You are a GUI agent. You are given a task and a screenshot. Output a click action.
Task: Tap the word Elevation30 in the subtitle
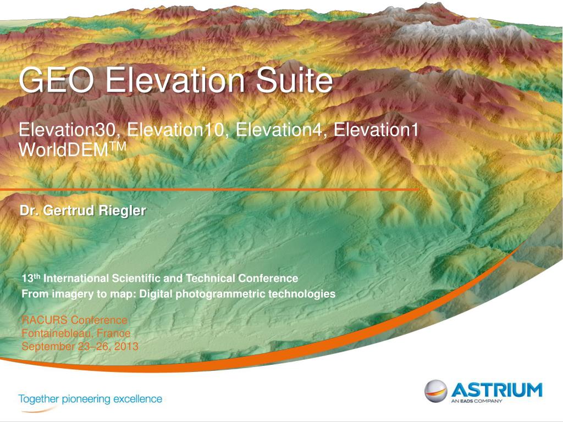coord(70,131)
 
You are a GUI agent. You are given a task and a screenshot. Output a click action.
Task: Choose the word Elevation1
coord(377,131)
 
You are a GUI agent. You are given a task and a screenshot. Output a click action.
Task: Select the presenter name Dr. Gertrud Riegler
coord(83,210)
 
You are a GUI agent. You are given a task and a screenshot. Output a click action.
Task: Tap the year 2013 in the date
coord(127,347)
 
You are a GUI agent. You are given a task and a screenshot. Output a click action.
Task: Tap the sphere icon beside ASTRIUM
coord(435,391)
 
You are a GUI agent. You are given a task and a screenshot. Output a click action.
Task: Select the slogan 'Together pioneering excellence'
coord(90,399)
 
